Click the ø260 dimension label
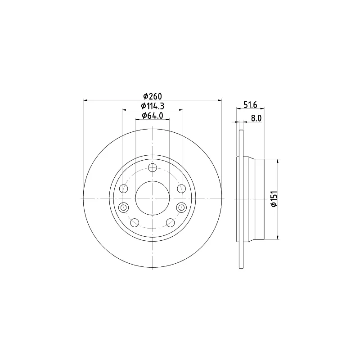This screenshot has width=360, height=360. click(x=153, y=96)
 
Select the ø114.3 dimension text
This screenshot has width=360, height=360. click(x=153, y=106)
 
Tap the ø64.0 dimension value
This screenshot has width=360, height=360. click(x=153, y=116)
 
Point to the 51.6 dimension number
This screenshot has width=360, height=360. click(x=250, y=105)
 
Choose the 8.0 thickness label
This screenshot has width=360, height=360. click(x=256, y=118)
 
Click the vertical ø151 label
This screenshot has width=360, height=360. click(x=274, y=199)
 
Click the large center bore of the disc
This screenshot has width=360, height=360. click(x=153, y=198)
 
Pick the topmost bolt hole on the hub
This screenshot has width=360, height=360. click(x=153, y=167)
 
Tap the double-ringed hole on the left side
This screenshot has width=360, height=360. click(x=123, y=207)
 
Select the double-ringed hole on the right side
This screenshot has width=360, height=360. click(x=181, y=207)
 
